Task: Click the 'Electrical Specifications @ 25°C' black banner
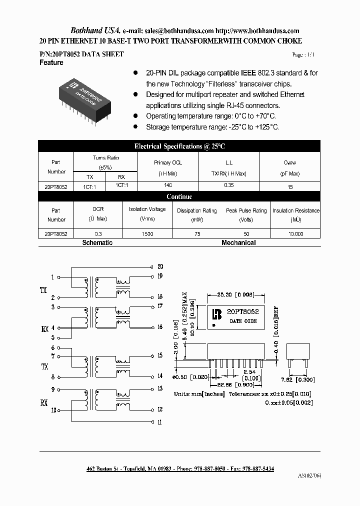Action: (179, 146)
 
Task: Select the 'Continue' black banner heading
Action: (179, 197)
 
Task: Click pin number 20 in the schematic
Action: (160, 266)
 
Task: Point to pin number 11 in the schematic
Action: (160, 422)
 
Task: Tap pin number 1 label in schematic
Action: (52, 277)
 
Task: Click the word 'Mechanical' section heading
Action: (238, 242)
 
